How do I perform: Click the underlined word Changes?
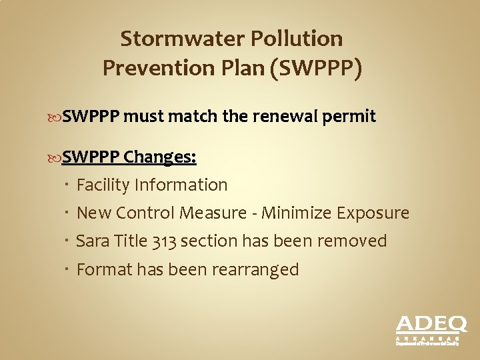(x=160, y=157)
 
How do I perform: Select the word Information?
(x=181, y=185)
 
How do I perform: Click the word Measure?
(x=224, y=213)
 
